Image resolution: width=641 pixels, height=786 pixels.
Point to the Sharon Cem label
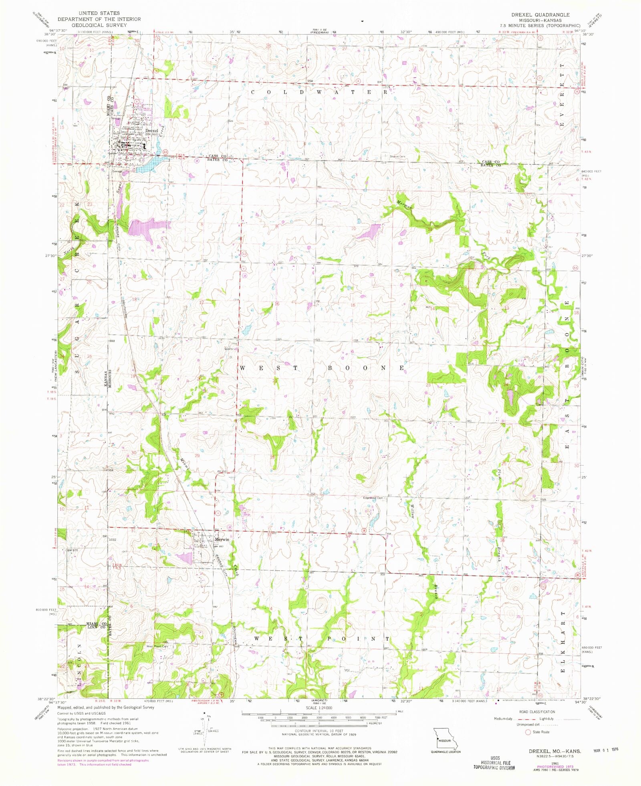(x=397, y=157)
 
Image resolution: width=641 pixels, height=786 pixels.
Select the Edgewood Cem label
(x=373, y=498)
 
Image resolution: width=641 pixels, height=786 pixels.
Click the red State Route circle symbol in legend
(x=528, y=732)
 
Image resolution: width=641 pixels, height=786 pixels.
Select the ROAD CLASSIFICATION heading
(x=537, y=712)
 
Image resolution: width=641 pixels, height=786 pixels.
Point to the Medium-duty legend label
(x=504, y=718)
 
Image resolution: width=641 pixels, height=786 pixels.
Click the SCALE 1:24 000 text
(x=318, y=708)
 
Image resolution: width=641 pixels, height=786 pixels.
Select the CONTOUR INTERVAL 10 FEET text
(x=319, y=730)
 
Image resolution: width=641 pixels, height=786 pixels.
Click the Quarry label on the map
(x=228, y=348)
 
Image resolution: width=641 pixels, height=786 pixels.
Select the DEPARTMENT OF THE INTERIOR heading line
(x=99, y=19)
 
